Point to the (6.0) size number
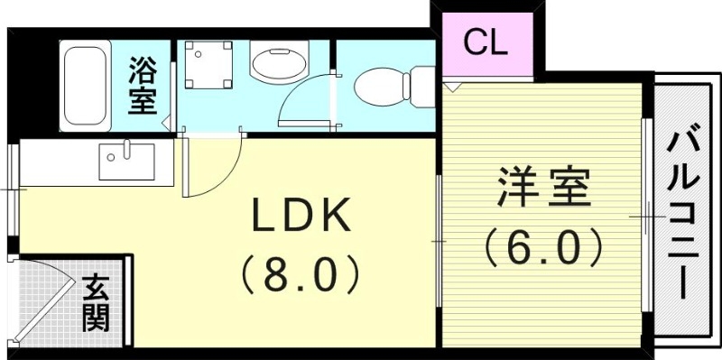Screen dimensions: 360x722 [542, 245]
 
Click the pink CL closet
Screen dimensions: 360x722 [486, 42]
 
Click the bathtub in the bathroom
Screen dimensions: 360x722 [86, 86]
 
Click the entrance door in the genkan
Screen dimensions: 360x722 [45, 302]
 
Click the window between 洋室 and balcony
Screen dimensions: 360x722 [646, 217]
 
